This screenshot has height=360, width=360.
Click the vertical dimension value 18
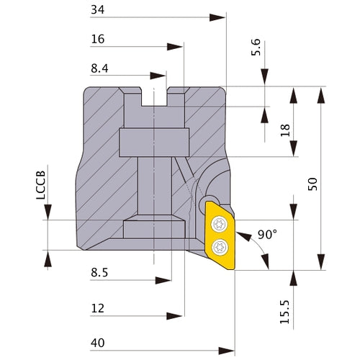[x=285, y=130]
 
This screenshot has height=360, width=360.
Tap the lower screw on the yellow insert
[x=219, y=248]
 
